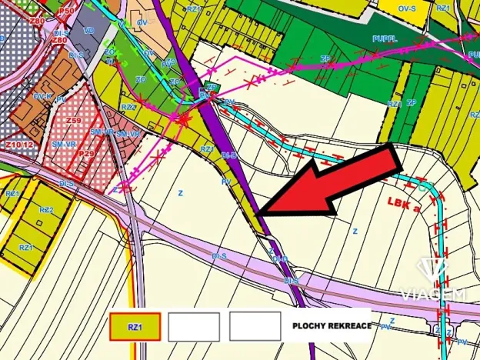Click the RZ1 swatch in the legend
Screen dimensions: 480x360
(x=135, y=326)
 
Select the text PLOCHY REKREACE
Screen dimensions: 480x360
(x=331, y=326)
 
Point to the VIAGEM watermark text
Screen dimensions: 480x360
(x=433, y=293)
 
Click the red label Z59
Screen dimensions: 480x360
(x=74, y=121)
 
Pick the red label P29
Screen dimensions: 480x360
(x=86, y=154)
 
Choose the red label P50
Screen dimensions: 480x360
(x=67, y=12)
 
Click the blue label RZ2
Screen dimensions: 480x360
(x=46, y=209)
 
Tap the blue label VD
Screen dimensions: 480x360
(x=89, y=30)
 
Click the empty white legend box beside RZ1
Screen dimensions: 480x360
(x=193, y=326)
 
